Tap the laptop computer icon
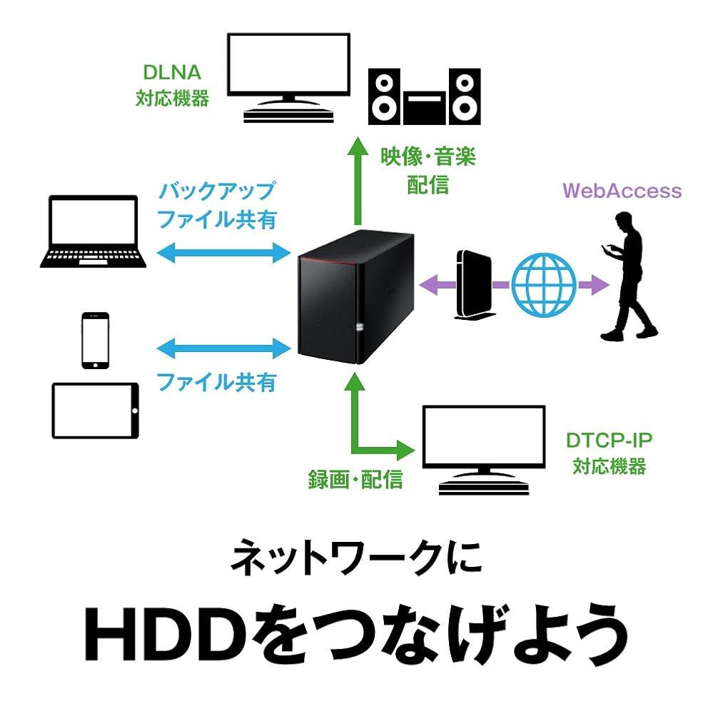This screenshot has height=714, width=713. (93, 232)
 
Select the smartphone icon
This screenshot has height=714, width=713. (95, 341)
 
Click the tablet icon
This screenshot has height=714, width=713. (95, 411)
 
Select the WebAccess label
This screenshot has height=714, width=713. (622, 191)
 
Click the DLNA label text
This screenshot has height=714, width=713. (172, 74)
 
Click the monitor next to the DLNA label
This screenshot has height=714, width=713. (288, 75)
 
